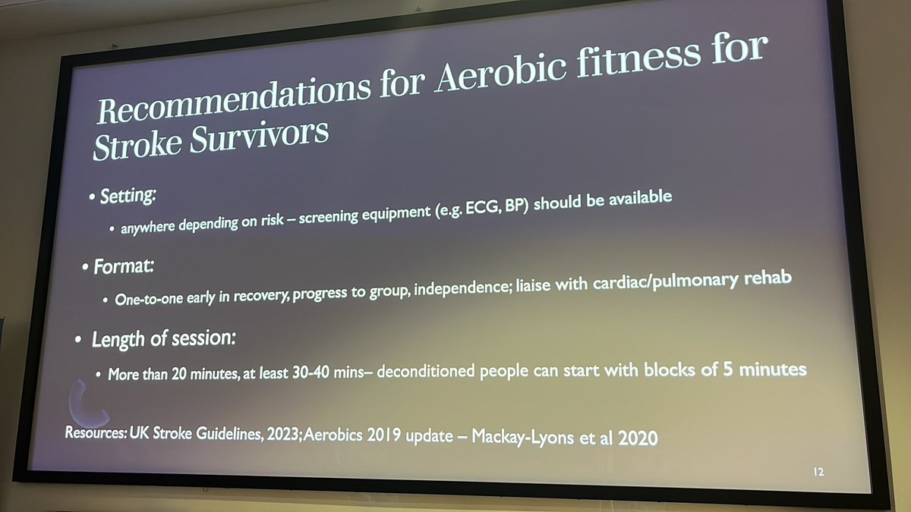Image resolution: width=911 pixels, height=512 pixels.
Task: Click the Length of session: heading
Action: click(x=163, y=338)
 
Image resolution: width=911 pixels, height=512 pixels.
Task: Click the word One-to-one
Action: click(x=149, y=299)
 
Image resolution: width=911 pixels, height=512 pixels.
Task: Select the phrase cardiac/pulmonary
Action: click(x=684, y=281)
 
